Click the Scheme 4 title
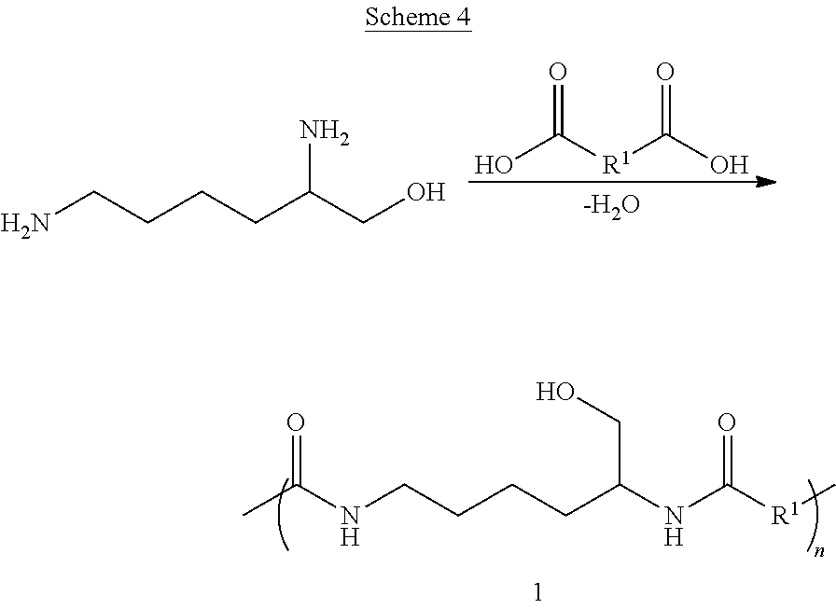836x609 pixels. click(x=417, y=18)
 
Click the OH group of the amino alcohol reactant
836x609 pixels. click(x=425, y=193)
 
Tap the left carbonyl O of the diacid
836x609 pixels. click(x=559, y=74)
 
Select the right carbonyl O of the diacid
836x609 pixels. click(x=665, y=74)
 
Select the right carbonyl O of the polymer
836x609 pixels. click(x=727, y=422)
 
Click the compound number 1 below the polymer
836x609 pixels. click(x=537, y=591)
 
